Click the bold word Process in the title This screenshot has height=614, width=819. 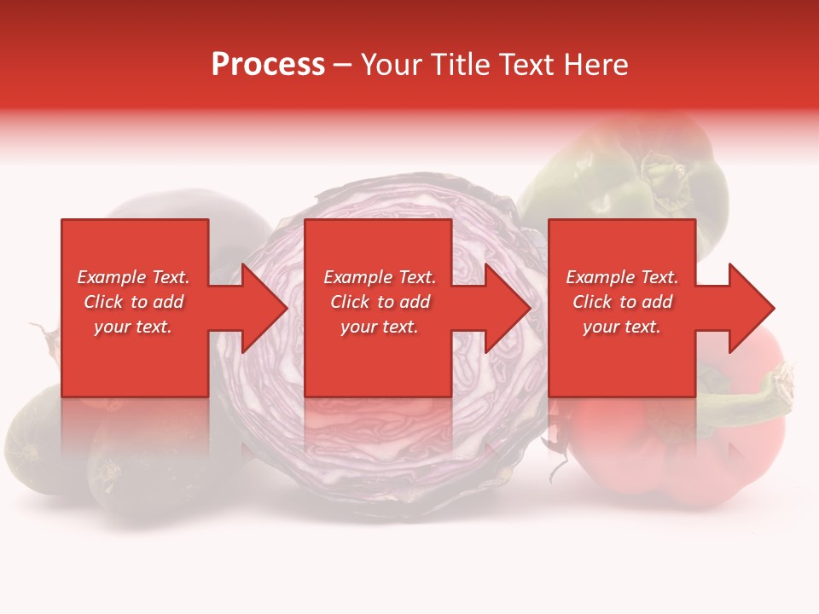pyautogui.click(x=268, y=64)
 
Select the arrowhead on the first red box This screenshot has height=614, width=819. pyautogui.click(x=260, y=308)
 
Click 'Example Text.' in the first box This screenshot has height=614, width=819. pyautogui.click(x=134, y=277)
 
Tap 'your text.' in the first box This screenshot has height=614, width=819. pyautogui.click(x=134, y=327)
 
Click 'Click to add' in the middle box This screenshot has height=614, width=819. pyautogui.click(x=380, y=302)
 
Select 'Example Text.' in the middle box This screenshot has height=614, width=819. pyautogui.click(x=380, y=277)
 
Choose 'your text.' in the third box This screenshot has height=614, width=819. pyautogui.click(x=622, y=327)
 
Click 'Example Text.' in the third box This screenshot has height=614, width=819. pyautogui.click(x=622, y=277)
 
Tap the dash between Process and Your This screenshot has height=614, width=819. pyautogui.click(x=342, y=65)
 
